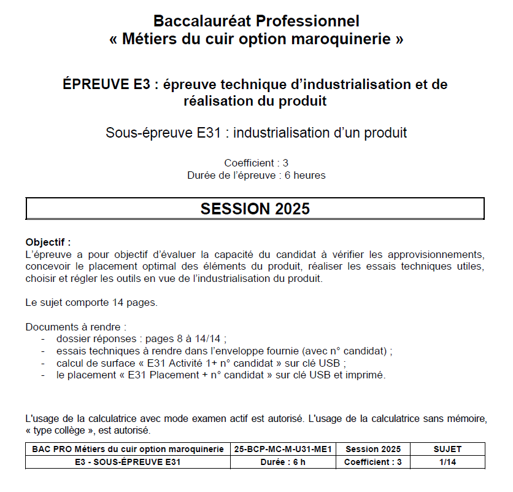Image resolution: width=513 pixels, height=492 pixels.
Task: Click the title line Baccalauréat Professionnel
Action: pyautogui.click(x=256, y=21)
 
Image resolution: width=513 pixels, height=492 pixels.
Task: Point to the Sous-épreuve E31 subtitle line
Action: pyautogui.click(x=256, y=132)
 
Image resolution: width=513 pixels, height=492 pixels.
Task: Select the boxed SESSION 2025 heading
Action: pyautogui.click(x=255, y=209)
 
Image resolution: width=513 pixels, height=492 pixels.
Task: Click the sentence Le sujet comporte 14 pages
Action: pyautogui.click(x=91, y=302)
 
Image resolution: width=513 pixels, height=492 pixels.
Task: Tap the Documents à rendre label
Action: pyautogui.click(x=76, y=327)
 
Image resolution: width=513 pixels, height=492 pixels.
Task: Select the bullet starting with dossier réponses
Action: pyautogui.click(x=141, y=338)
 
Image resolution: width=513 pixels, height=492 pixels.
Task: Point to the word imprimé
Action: pyautogui.click(x=366, y=375)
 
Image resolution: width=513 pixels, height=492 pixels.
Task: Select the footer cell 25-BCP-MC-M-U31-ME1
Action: pyautogui.click(x=283, y=449)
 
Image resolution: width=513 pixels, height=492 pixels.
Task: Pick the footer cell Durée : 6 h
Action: pyautogui.click(x=283, y=462)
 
